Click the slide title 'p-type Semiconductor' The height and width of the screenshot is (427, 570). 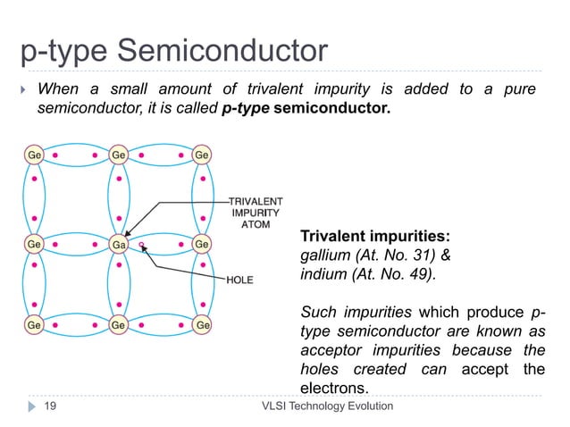(174, 51)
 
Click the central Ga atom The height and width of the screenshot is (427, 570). (117, 243)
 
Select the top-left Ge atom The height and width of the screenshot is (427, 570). (31, 155)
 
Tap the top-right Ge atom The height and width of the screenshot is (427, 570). (203, 155)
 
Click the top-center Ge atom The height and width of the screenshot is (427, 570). (117, 155)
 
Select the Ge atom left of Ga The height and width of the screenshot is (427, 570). (31, 243)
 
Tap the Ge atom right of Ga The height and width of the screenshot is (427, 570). (203, 243)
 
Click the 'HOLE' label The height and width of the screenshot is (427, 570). (239, 280)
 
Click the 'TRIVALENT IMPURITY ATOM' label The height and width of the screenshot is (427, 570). (255, 213)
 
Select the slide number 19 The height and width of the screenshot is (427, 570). (51, 406)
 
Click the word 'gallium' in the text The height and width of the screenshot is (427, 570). (325, 255)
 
